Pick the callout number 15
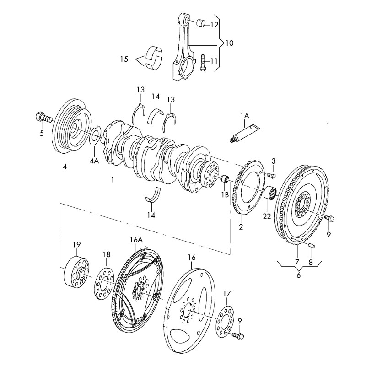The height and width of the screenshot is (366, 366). click(124, 59)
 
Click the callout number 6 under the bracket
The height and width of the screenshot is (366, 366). click(299, 275)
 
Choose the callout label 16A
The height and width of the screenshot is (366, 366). click(136, 239)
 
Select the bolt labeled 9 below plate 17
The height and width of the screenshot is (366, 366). click(239, 336)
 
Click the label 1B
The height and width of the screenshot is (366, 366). click(225, 194)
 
